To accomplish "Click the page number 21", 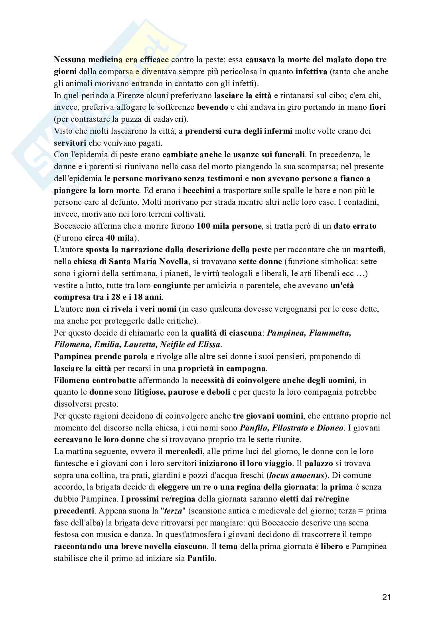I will click(x=386, y=597).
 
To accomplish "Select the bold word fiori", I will click(x=377, y=107).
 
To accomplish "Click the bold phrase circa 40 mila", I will click(x=110, y=238).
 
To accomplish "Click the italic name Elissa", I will click(x=208, y=344).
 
